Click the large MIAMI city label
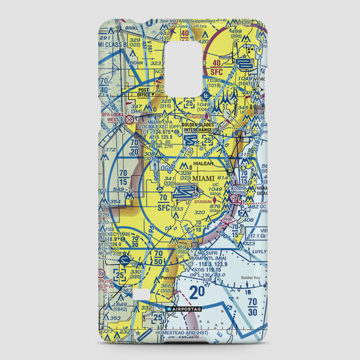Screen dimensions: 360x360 203,179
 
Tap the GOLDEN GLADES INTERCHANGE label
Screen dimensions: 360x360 198,127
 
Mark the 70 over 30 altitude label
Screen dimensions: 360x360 252,306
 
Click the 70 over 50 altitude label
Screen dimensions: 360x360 158,257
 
